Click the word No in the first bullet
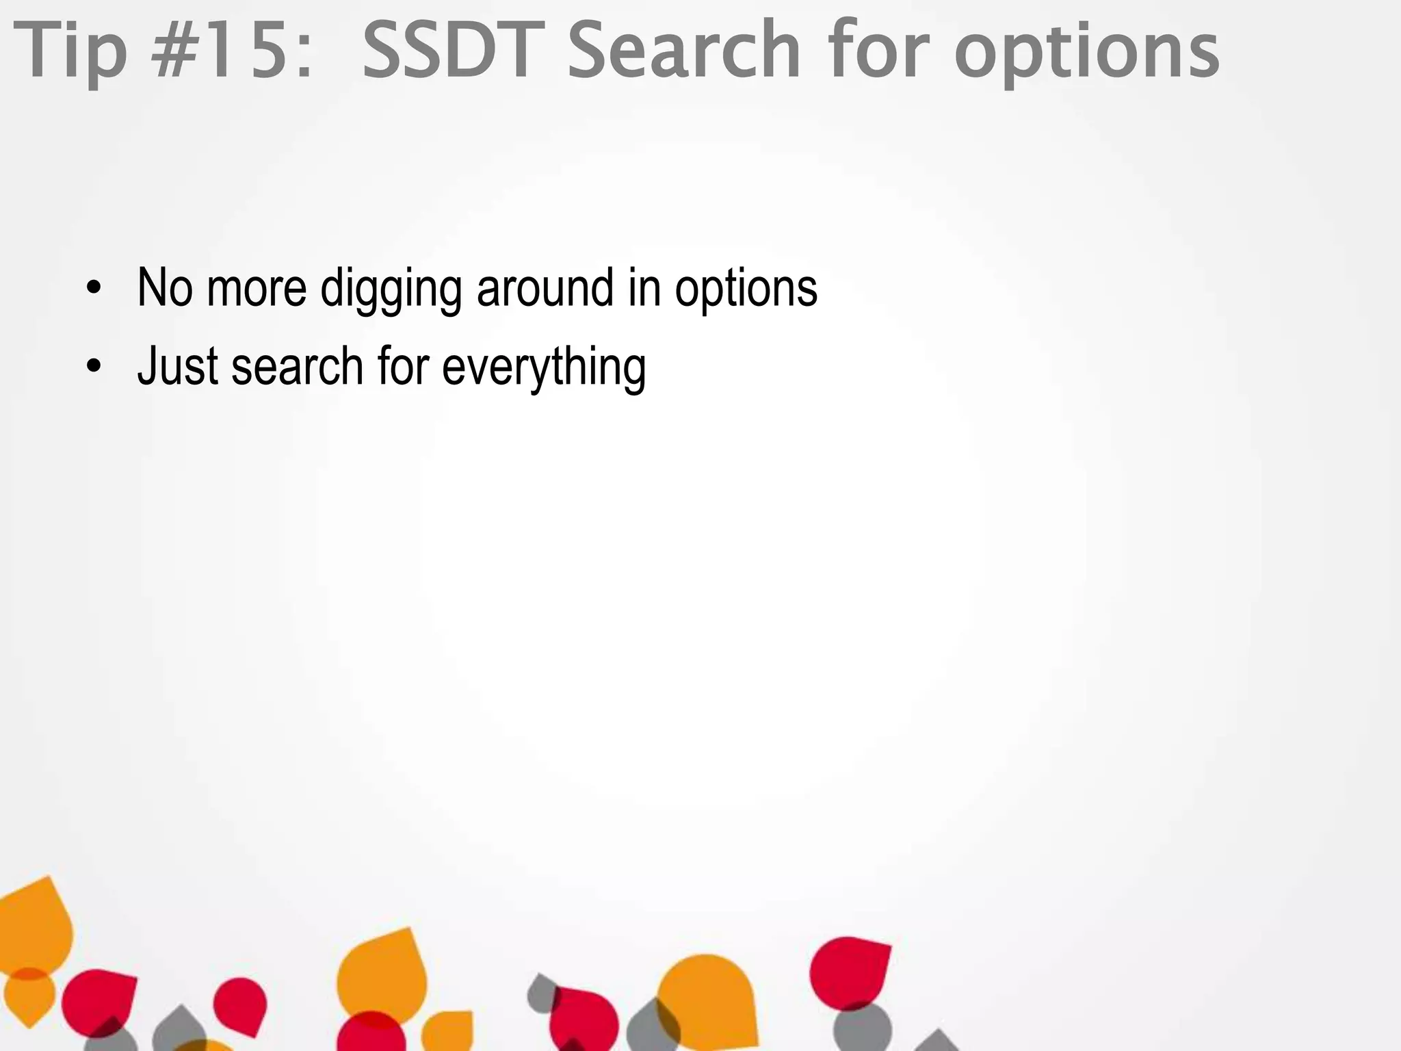pyautogui.click(x=165, y=287)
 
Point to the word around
pyautogui.click(x=545, y=287)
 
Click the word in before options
pyautogui.click(x=644, y=287)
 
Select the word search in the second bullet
pyautogui.click(x=297, y=367)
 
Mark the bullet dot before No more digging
pyautogui.click(x=94, y=287)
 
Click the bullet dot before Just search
pyautogui.click(x=94, y=366)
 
